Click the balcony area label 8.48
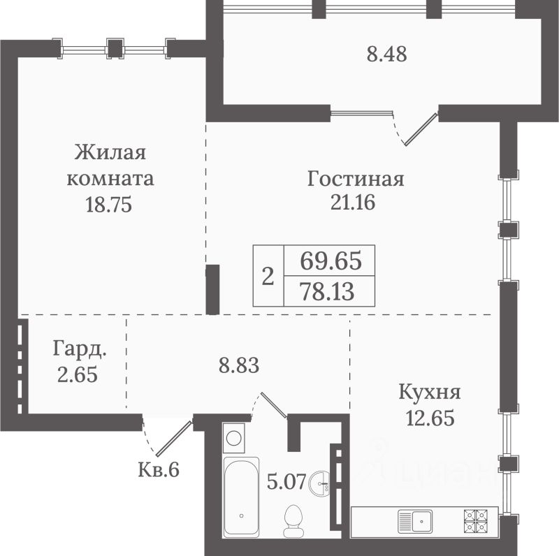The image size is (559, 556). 387,55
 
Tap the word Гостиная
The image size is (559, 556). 356,179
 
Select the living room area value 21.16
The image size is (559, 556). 353,203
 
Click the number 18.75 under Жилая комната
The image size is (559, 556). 109,205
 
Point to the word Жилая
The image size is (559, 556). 110,152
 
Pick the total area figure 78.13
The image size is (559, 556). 328,291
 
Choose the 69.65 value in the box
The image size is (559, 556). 331,261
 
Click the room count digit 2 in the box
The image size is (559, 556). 268,276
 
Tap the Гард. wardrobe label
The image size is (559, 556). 80,349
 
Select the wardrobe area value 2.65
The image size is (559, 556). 78,374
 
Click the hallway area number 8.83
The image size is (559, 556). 239,366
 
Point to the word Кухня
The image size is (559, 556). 430,392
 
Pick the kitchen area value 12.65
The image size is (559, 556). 430,418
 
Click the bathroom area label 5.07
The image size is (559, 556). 286,482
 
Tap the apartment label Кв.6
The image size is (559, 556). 159,469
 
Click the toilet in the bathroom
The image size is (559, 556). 293,520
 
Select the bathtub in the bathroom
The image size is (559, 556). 241,496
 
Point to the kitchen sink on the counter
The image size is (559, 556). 415,521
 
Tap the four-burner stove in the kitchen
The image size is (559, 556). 476,520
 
